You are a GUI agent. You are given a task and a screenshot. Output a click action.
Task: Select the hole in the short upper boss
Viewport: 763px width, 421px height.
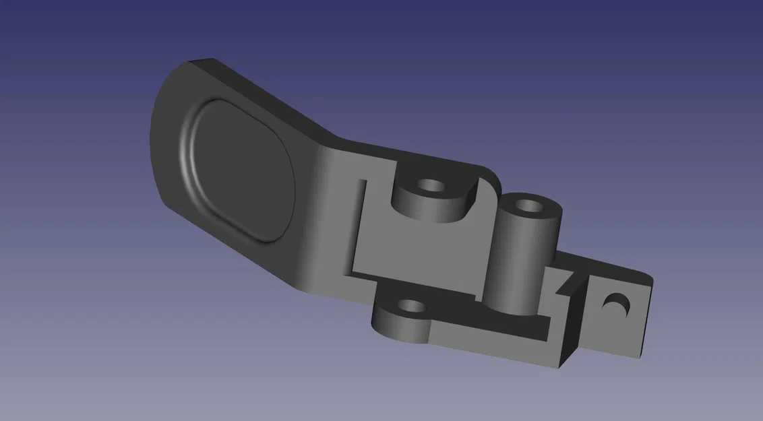429,185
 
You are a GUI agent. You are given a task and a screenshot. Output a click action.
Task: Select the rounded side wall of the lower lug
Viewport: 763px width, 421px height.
398,329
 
